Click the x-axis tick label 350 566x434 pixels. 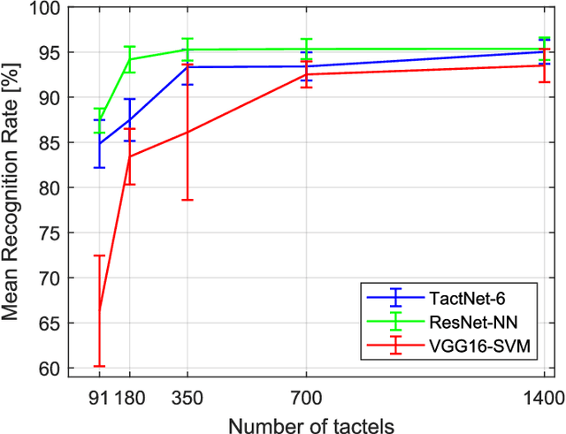click(187, 396)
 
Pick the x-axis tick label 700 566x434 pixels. click(306, 396)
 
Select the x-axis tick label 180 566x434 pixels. click(132, 396)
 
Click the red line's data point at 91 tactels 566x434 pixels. click(99, 310)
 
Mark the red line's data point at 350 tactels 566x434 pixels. click(187, 133)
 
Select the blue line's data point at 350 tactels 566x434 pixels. click(187, 67)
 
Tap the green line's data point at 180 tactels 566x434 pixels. click(129, 59)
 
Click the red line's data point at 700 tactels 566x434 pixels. click(306, 74)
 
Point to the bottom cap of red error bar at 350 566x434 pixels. click(187, 200)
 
